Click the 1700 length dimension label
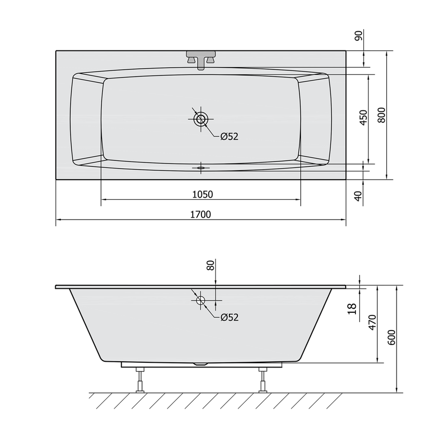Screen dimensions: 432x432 click(x=200, y=214)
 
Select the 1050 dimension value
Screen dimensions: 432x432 click(x=202, y=195)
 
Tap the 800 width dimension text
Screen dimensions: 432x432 click(x=382, y=115)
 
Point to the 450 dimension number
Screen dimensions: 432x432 click(x=364, y=118)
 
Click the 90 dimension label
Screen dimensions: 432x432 click(x=359, y=35)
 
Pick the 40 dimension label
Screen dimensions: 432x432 click(x=358, y=196)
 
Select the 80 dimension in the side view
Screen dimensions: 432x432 click(x=210, y=265)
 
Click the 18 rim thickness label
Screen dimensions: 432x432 click(x=352, y=309)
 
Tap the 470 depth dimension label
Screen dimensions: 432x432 click(x=372, y=322)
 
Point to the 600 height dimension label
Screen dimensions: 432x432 click(x=391, y=337)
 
